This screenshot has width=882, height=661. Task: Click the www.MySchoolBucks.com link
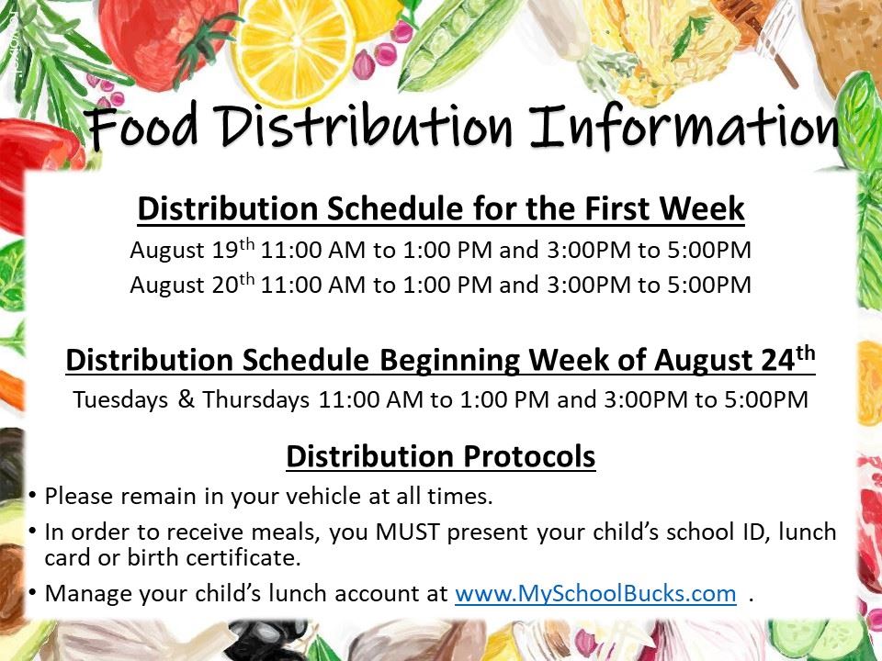point(595,594)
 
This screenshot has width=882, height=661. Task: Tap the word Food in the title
point(142,126)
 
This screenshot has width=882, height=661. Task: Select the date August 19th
point(192,249)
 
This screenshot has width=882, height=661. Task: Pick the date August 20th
point(192,284)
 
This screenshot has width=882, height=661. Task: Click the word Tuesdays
point(120,399)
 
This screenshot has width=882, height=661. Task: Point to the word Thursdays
point(256,399)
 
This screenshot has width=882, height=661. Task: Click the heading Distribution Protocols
point(440,456)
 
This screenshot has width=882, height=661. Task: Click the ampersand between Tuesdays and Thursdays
point(186,398)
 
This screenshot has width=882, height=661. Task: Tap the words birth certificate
point(214,557)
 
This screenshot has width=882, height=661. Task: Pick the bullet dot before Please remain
point(33,495)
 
